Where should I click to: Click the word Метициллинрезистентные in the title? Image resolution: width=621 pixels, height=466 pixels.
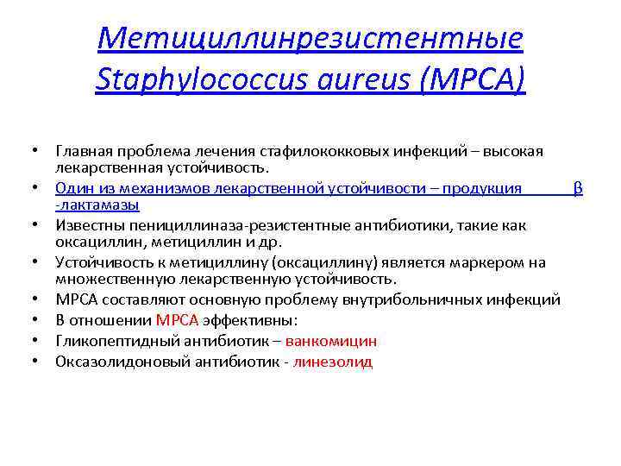310,38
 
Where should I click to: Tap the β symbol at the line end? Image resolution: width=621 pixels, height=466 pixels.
578,188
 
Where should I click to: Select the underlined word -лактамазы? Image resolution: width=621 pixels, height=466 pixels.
97,205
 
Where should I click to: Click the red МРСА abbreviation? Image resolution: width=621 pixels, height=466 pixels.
178,320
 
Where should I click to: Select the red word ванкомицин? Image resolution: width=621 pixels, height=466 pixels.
330,341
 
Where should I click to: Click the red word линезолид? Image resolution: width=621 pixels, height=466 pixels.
332,362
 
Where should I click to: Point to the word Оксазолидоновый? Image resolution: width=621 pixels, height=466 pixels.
111,362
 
